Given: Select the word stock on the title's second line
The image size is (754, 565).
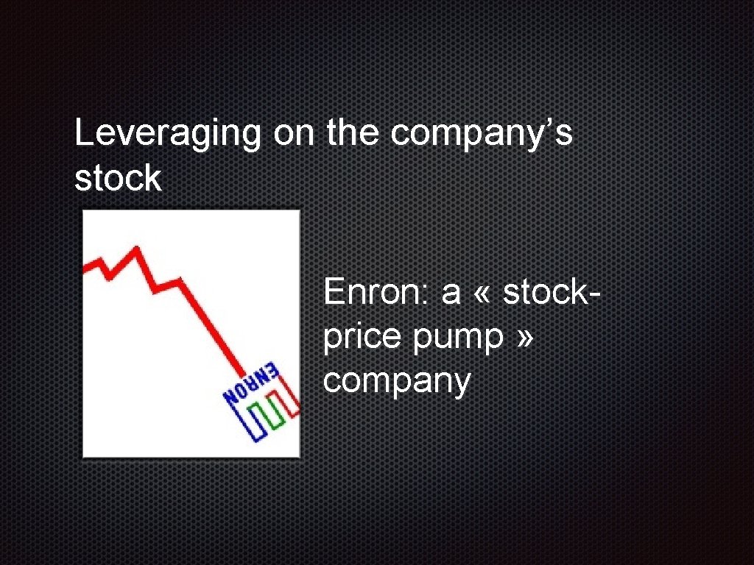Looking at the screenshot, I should point(118,179).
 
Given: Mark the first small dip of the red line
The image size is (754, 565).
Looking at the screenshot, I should point(109,277).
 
